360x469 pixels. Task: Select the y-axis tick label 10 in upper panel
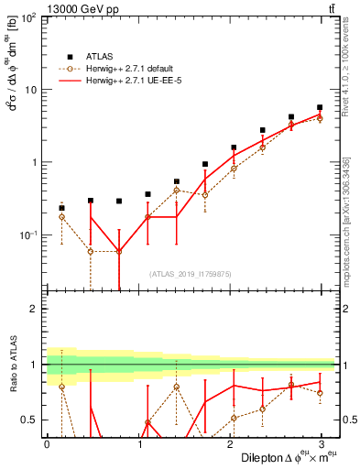tap(29, 90)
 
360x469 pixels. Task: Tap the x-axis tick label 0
tap(47, 444)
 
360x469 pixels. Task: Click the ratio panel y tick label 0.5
tap(29, 420)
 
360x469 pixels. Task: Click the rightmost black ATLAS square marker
tap(320, 107)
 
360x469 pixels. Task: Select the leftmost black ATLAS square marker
tap(61, 208)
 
